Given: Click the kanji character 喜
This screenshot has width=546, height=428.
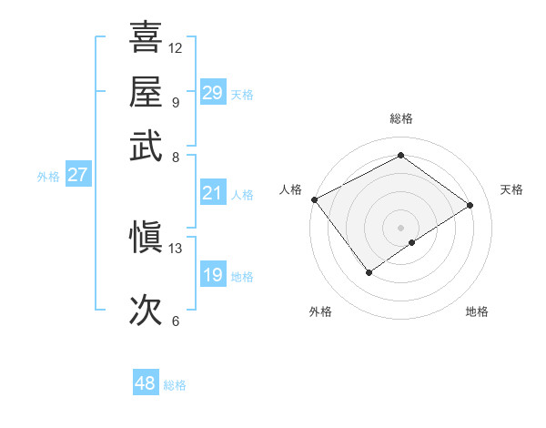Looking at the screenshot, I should pos(146,38).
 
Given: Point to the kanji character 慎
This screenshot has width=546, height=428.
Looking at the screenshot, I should pos(146,239).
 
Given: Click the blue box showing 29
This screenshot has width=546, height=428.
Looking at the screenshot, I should pos(212,93).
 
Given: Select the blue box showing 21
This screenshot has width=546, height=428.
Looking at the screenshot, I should pos(212,193).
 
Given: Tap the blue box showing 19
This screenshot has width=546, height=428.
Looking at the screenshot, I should pos(212,275).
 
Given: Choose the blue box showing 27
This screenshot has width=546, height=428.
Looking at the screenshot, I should pos(77,175).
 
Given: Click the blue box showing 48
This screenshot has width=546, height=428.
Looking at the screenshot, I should pos(145,383).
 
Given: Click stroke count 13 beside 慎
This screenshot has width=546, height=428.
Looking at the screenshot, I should pos(176,248).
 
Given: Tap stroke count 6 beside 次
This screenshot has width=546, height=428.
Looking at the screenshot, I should pos(176,321).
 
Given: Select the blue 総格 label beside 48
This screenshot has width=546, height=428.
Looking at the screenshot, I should pos(175,385).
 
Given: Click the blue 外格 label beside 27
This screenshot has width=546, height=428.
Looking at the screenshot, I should pos(47,177).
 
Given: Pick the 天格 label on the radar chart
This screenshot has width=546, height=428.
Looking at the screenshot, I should pos(511,189).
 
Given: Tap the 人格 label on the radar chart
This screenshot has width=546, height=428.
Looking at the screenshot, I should pos(291,189).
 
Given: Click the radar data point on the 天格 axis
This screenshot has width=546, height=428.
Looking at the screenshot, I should pos(470,205).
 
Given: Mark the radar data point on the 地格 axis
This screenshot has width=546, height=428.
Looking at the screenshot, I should pos(412,242).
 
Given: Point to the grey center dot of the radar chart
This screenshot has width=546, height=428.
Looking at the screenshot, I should pos(400,227).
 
